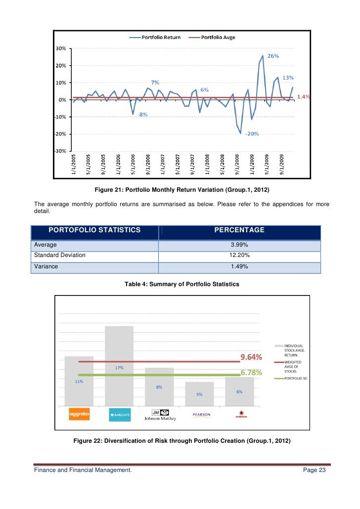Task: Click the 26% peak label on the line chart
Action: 273,56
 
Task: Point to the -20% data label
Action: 252,134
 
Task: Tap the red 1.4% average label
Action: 303,97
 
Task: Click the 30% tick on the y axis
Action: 61,48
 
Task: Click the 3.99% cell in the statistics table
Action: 239,245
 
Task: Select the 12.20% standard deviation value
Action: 239,255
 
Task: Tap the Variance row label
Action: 46,266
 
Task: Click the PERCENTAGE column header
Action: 239,230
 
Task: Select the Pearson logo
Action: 200,415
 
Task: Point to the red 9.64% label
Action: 251,357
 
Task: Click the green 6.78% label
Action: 251,373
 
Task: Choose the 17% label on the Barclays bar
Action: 119,368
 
